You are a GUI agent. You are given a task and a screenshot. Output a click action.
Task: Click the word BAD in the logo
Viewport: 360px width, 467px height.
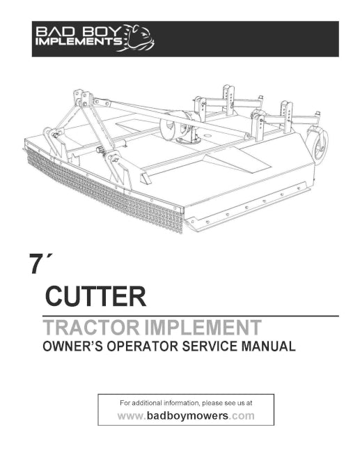tap(54, 32)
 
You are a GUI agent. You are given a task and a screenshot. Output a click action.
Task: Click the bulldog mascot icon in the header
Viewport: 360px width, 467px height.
tap(139, 38)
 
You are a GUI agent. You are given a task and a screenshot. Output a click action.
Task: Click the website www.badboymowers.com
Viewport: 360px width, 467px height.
tap(186, 416)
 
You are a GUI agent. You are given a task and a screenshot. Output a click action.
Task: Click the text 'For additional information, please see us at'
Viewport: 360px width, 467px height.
tap(186, 403)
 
